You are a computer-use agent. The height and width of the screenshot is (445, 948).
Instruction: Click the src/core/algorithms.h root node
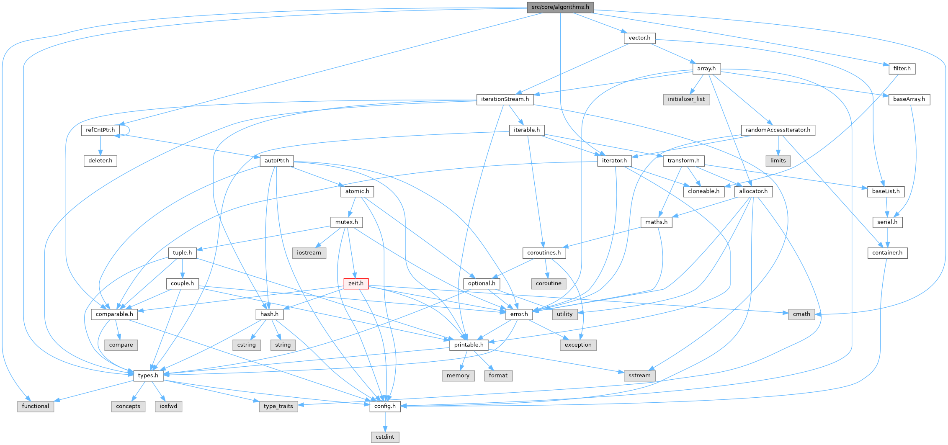click(x=560, y=7)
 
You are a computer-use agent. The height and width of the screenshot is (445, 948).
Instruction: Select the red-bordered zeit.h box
click(x=356, y=283)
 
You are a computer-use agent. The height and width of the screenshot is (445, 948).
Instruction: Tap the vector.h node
click(x=639, y=38)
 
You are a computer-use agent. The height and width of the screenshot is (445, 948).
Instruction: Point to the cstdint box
click(x=385, y=437)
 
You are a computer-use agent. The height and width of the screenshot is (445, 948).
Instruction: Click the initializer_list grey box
click(x=686, y=100)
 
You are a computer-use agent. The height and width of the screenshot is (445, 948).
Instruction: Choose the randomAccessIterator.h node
click(x=778, y=130)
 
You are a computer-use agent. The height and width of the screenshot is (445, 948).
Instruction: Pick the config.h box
click(x=385, y=406)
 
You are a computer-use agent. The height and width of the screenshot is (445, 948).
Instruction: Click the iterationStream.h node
click(x=505, y=100)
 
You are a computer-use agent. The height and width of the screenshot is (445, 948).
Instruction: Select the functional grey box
click(x=36, y=406)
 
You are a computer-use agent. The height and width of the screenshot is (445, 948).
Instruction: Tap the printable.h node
click(x=469, y=345)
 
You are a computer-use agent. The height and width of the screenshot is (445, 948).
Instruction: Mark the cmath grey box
click(x=801, y=314)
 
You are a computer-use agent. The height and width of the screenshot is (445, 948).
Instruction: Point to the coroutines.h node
click(x=544, y=253)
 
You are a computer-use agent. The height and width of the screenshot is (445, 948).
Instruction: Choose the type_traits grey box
click(x=278, y=406)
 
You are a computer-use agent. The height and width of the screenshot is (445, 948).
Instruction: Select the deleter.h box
click(x=100, y=161)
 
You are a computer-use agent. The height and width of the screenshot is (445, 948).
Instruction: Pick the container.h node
click(x=887, y=253)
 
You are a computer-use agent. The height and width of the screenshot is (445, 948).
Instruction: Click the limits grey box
click(x=778, y=161)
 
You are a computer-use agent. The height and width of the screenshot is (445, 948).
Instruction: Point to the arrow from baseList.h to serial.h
click(x=887, y=207)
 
